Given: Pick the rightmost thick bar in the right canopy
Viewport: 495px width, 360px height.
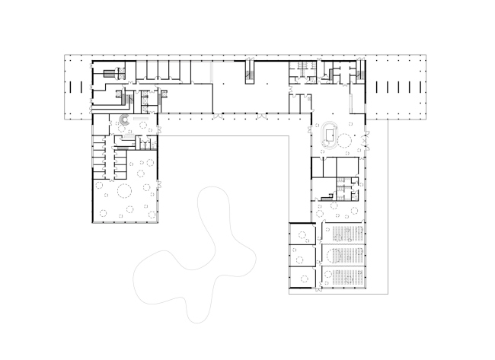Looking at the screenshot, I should (417, 86).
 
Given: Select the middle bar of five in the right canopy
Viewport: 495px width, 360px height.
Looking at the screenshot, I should (398, 86).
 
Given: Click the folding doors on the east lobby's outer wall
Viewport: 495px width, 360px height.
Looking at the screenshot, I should (366, 139).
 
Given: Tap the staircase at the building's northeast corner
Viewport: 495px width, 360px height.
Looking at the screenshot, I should (336, 72).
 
